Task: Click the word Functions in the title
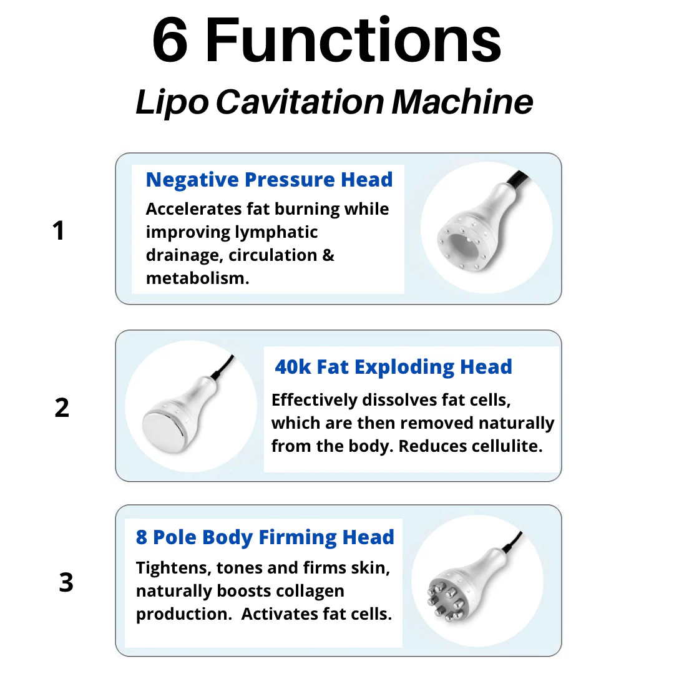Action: [x=353, y=41]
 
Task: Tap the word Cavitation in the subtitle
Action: [x=300, y=102]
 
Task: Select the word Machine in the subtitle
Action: [x=462, y=102]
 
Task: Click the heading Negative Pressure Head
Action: [x=269, y=180]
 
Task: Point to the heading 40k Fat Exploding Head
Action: [x=393, y=367]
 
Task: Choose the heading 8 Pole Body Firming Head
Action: [x=265, y=537]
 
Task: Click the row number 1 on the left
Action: [x=58, y=232]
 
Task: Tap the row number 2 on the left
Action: [x=62, y=408]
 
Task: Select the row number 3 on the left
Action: [x=66, y=583]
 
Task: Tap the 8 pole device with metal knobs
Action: [x=471, y=584]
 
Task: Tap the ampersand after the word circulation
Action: [x=328, y=255]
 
